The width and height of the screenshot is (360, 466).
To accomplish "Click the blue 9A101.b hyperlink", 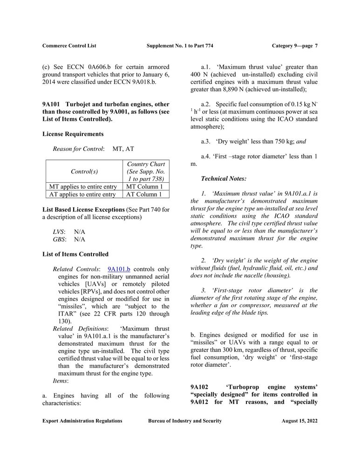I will click(119, 269).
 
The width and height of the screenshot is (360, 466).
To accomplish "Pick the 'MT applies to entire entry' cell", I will click(83, 187).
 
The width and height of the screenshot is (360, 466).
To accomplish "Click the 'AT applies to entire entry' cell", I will click(82, 195).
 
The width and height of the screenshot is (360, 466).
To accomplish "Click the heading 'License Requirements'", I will click(73, 134).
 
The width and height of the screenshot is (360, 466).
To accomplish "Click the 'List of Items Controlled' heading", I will click(75, 254).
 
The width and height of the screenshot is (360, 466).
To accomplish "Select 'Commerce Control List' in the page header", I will click(69, 46).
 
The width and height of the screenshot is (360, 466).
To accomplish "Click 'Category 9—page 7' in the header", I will click(295, 46).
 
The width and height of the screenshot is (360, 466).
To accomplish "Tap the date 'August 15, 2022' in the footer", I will click(299, 421).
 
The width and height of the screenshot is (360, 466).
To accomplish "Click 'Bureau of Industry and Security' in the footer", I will click(185, 421).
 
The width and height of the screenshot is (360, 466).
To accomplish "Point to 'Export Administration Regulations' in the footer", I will click(82, 421).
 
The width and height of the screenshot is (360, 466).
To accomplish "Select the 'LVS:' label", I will click(59, 232).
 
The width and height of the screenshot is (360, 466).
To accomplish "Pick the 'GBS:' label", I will click(59, 239).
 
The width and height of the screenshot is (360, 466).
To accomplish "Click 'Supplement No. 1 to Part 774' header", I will click(180, 46).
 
